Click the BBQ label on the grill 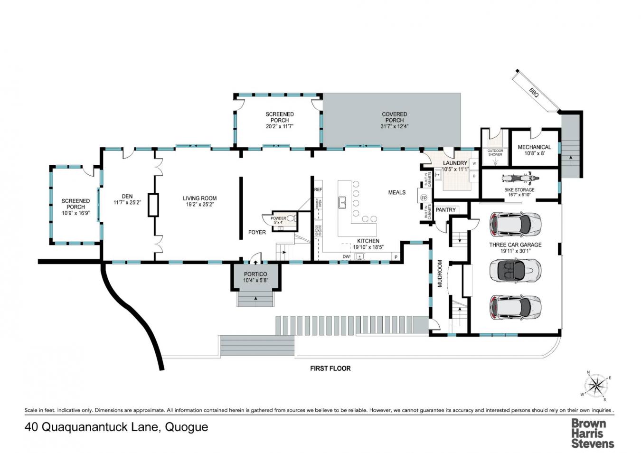534,93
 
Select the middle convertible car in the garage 515,271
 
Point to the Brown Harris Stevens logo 592,433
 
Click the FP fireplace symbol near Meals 424,198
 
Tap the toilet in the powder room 291,218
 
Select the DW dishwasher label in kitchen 346,257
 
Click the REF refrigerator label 318,189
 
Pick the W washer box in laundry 474,163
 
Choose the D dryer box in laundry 474,176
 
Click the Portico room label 255,274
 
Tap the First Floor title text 330,368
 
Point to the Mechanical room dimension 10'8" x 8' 534,153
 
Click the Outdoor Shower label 495,152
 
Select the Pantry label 445,209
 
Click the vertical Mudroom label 440,273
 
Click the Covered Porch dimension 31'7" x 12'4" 394,126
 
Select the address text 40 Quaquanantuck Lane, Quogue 116,427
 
